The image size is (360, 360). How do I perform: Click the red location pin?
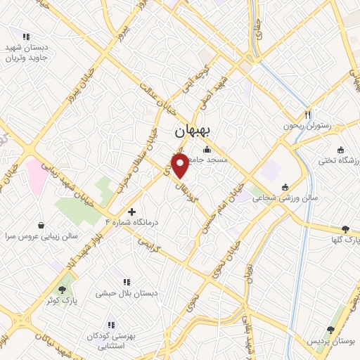click(181, 166)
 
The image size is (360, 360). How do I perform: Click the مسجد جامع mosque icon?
click(207, 149)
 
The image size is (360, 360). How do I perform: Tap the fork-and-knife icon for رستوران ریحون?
click(307, 115)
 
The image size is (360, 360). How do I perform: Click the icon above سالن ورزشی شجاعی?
click(285, 187)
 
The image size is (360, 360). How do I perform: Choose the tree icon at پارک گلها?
click(345, 229)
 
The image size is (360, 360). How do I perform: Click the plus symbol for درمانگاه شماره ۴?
click(131, 211)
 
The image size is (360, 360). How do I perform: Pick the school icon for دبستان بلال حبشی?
click(126, 282)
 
